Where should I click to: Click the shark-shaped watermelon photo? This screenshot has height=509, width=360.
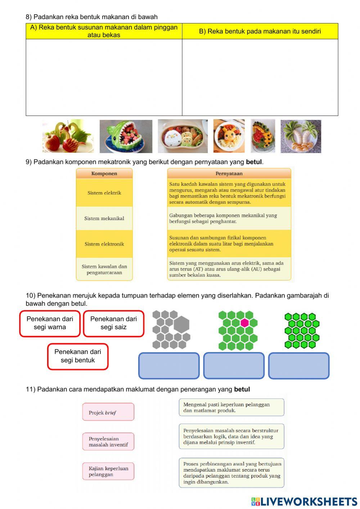click(126, 136)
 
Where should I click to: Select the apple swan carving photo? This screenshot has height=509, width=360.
click(68, 136)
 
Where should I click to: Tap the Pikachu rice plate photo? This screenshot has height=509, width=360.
click(229, 136)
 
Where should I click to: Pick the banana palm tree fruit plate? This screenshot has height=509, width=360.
click(301, 136)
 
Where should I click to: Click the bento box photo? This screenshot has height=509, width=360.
click(183, 136)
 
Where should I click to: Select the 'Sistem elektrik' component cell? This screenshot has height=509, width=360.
click(104, 193)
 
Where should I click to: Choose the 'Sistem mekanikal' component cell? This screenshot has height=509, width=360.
click(104, 218)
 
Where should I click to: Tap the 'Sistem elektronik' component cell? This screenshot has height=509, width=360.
click(104, 244)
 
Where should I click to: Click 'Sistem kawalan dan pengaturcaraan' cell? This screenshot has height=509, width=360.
click(104, 269)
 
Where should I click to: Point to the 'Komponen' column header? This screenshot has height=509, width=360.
click(104, 173)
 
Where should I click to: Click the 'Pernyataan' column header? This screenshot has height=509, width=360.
click(229, 173)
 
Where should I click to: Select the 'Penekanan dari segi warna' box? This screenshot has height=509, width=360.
click(50, 323)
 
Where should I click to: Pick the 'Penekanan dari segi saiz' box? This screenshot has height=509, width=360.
click(113, 323)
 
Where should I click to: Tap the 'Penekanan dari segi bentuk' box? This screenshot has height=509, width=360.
click(78, 356)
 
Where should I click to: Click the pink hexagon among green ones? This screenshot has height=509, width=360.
click(245, 323)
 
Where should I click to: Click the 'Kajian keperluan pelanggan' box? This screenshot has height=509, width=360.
click(108, 472)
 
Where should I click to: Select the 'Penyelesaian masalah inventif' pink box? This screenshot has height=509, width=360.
click(108, 442)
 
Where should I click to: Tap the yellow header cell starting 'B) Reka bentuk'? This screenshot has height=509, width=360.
click(260, 31)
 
